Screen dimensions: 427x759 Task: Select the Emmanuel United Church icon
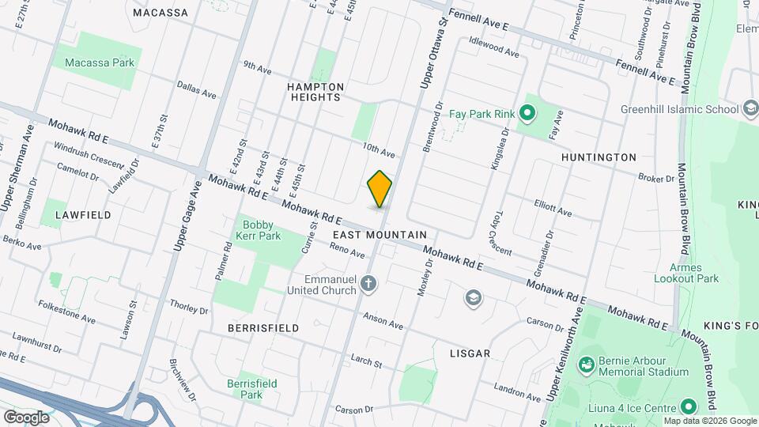[368, 282]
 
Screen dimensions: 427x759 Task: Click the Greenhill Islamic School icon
[750, 108]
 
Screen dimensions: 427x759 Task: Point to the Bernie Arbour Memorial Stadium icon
[586, 365]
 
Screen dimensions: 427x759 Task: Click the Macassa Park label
[98, 62]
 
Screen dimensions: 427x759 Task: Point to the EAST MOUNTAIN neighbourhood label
[379, 235]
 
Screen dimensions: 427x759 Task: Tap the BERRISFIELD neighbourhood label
[263, 327]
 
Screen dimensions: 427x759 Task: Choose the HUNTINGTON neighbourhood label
[599, 157]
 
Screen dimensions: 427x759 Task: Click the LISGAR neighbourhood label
[469, 353]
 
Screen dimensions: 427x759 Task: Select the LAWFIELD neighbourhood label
[83, 214]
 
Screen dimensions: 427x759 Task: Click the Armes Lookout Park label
[687, 273]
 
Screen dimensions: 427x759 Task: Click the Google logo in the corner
[26, 417]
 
